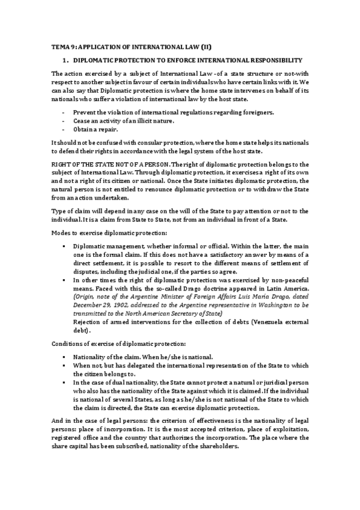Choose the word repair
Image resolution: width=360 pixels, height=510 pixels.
[109, 129]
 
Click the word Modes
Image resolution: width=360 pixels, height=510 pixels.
[61, 232]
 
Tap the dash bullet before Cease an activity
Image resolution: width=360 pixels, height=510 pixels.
[63, 121]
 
